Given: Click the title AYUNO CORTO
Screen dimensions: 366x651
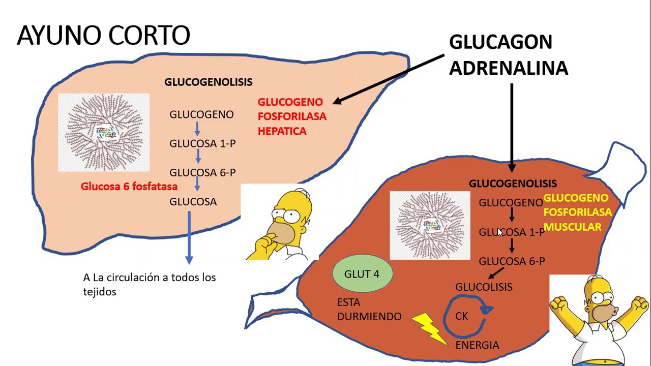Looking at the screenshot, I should (103, 36).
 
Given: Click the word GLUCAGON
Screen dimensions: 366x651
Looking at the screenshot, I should (500, 42).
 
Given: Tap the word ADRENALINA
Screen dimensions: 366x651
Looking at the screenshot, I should (508, 68).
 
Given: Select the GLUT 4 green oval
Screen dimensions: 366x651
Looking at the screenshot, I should (362, 274).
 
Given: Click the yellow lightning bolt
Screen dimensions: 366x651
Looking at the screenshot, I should (429, 328).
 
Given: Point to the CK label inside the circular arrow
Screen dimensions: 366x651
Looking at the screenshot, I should (462, 316).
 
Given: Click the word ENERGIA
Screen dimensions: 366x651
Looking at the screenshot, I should (477, 345).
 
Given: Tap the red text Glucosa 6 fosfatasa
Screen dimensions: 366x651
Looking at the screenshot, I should (129, 187).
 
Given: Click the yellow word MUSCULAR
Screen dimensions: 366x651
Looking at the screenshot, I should (573, 227).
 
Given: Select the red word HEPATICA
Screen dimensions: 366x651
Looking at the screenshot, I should (282, 131).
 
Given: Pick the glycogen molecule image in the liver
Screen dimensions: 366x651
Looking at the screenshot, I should (104, 132).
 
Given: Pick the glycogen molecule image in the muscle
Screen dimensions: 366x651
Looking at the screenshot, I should (430, 225).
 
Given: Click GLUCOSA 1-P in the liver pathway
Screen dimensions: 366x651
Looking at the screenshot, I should (202, 144).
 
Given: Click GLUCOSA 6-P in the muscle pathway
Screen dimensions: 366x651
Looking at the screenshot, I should (512, 261).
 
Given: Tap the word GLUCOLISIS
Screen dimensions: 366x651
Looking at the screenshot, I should (484, 287).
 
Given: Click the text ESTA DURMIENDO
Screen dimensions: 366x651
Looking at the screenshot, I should (369, 309).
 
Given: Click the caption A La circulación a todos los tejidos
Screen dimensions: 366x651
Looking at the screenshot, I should (149, 284).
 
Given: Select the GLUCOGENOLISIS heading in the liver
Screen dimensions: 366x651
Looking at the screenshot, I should (208, 82).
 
